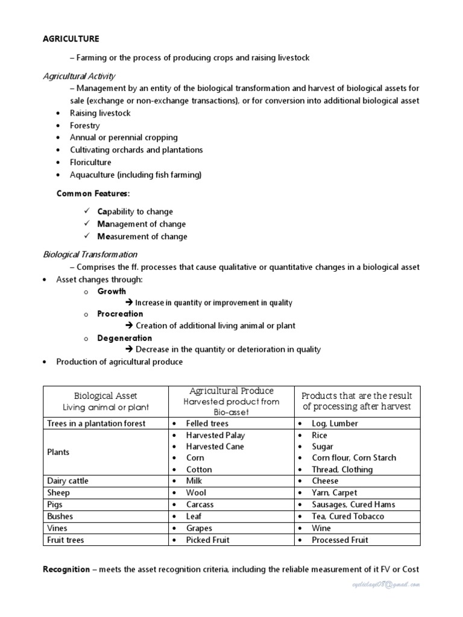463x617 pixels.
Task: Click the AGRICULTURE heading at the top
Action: pyautogui.click(x=71, y=39)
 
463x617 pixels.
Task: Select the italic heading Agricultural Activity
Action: pyautogui.click(x=79, y=76)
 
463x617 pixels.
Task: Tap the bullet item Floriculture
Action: pyautogui.click(x=90, y=162)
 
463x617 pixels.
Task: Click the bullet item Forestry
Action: pyautogui.click(x=84, y=125)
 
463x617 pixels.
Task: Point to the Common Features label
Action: pyautogui.click(x=93, y=193)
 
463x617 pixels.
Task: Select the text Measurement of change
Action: pyautogui.click(x=142, y=236)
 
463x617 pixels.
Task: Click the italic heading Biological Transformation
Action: pyautogui.click(x=90, y=254)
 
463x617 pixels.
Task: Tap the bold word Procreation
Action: pyautogui.click(x=121, y=313)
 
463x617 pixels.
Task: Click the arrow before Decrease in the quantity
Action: pyautogui.click(x=129, y=349)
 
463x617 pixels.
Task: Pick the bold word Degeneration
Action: pyautogui.click(x=125, y=338)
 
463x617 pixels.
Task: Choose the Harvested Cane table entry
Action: pyautogui.click(x=215, y=446)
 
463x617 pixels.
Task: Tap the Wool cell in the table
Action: pyautogui.click(x=196, y=493)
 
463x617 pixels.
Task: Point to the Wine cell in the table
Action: pyautogui.click(x=321, y=528)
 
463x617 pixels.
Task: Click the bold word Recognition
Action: pyautogui.click(x=66, y=569)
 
